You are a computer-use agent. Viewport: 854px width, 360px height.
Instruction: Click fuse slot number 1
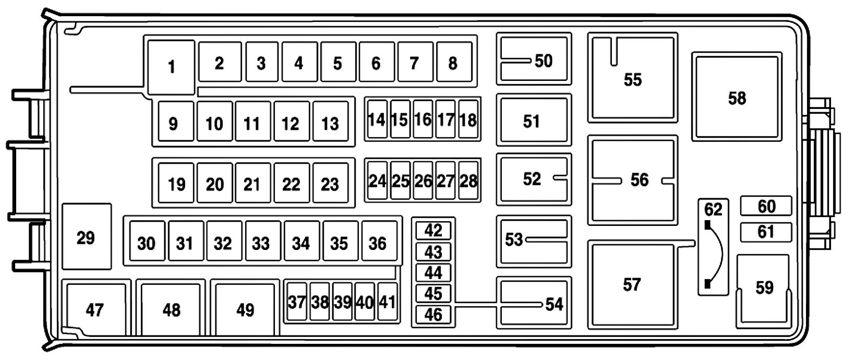[171, 67]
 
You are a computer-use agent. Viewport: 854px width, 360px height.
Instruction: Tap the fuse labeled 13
[330, 123]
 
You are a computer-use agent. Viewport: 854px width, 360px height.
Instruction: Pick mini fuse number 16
[423, 119]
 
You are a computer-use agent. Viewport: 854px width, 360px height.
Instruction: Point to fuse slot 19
[176, 184]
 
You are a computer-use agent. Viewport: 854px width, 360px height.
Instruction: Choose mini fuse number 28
[468, 181]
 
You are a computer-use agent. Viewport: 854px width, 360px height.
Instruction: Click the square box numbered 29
[86, 237]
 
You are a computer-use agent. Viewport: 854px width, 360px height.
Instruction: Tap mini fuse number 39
[342, 302]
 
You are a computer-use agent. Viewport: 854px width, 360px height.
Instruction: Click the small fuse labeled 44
[433, 272]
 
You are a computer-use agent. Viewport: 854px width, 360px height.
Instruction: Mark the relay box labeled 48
[171, 310]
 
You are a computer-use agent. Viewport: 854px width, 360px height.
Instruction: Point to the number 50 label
[544, 61]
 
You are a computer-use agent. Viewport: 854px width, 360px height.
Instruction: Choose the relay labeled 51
[532, 121]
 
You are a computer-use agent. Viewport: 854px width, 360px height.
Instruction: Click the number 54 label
[554, 304]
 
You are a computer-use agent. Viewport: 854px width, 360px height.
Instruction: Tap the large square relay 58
[737, 98]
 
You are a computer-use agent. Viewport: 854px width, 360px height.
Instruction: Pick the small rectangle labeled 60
[766, 206]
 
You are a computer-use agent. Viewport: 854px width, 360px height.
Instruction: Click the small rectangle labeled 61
[766, 231]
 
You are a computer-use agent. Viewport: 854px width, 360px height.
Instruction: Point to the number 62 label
[713, 209]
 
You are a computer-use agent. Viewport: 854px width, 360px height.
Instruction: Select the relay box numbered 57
[632, 284]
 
